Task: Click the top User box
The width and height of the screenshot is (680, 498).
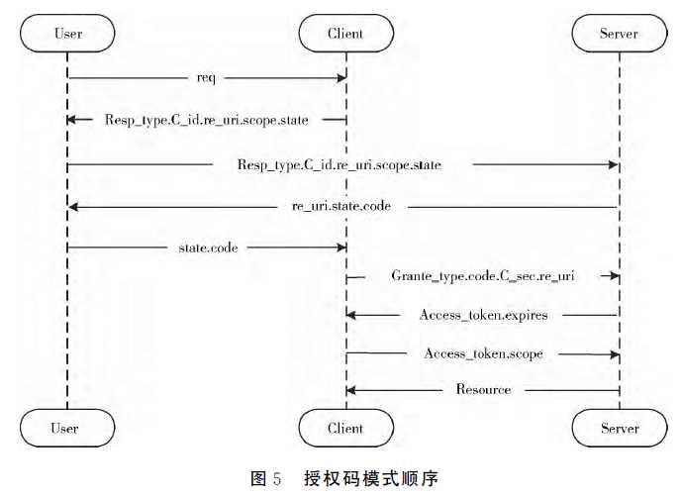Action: pos(66,34)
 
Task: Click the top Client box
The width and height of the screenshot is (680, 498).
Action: pos(345,34)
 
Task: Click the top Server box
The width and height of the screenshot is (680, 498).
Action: pos(620,34)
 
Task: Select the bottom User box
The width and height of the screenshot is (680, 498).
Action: pos(66,429)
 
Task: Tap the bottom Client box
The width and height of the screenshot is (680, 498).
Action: pos(345,429)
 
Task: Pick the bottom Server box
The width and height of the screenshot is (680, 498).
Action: pos(620,429)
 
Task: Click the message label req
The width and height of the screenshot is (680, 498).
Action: pos(207,77)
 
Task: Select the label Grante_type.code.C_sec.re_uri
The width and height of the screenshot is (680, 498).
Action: pos(483,277)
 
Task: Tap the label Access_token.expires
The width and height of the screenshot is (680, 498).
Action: pos(483,315)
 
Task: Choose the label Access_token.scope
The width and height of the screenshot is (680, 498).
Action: pos(483,353)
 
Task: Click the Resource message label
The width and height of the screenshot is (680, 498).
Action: pos(483,390)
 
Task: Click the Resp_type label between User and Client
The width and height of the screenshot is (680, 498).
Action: pos(206,120)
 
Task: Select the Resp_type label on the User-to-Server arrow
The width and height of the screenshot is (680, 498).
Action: pos(340,164)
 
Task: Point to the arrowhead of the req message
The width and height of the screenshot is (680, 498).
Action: pos(341,77)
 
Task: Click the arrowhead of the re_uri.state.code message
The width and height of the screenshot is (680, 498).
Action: pos(72,208)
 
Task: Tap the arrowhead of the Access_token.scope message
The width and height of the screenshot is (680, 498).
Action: pos(615,353)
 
